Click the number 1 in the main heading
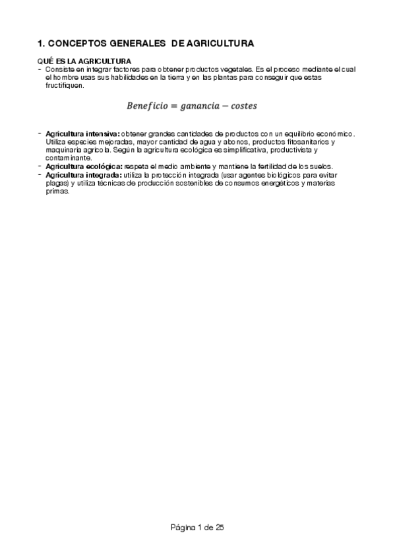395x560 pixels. (40, 44)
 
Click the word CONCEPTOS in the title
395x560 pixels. (75, 44)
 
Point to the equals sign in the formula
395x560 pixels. (177, 106)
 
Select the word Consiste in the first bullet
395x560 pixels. (57, 70)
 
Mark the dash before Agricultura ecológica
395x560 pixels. (40, 166)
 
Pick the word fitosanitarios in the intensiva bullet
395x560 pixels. (306, 142)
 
